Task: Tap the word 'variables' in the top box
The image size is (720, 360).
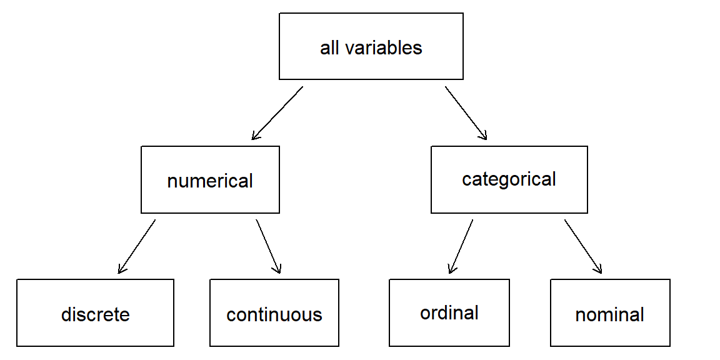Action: (x=384, y=47)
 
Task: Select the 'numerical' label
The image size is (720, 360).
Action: (x=210, y=181)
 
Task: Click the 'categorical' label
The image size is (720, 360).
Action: (x=509, y=179)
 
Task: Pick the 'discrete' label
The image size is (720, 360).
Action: (x=95, y=314)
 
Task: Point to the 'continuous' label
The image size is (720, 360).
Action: (x=274, y=314)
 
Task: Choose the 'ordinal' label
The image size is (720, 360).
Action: (x=449, y=312)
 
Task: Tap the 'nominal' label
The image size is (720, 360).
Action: (x=609, y=314)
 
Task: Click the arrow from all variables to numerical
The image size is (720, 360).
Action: (x=277, y=113)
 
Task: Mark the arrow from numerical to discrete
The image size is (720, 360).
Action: (x=136, y=246)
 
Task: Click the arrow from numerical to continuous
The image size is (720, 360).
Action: (x=268, y=246)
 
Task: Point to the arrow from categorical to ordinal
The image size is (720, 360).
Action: (x=461, y=246)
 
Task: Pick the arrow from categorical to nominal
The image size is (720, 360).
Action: (x=583, y=246)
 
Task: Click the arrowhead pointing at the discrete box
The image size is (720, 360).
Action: (x=121, y=270)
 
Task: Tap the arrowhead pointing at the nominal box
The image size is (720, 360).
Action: (x=599, y=270)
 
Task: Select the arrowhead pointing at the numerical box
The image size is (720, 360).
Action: (x=254, y=136)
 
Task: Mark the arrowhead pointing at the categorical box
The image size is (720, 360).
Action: (x=483, y=135)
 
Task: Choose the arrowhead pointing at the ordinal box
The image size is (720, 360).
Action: (x=451, y=270)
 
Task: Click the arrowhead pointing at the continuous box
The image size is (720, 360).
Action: (x=278, y=270)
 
